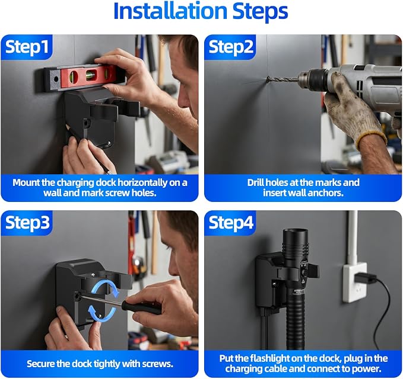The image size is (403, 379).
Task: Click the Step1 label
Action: coord(27,47)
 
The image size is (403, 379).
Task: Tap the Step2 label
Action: coord(231,47)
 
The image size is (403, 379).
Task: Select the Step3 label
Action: coord(27,223)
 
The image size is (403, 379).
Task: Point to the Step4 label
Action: coord(231,223)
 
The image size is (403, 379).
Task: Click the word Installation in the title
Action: coord(170,11)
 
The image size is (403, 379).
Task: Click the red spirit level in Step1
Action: coord(85,76)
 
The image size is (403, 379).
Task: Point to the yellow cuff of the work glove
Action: coord(372,140)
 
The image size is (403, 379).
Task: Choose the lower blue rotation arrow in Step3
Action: coord(101,313)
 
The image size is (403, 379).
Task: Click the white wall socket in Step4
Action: coord(355,282)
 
